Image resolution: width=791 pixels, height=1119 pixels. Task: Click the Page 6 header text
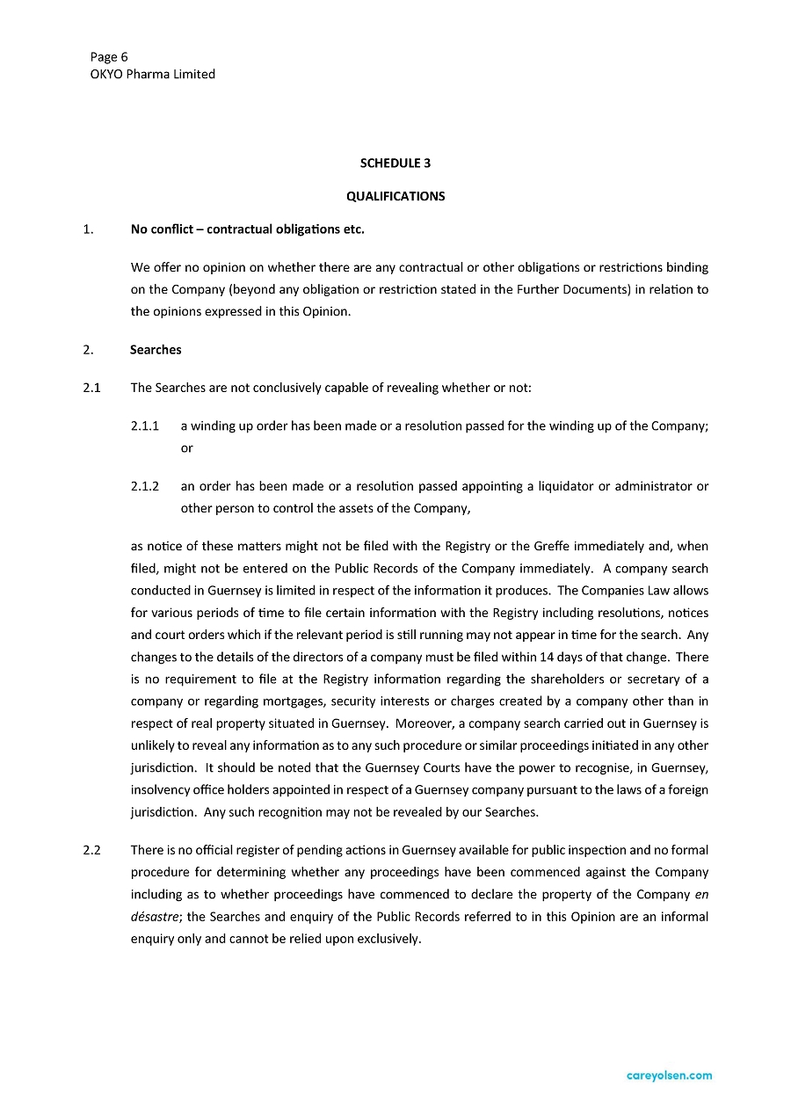[109, 57]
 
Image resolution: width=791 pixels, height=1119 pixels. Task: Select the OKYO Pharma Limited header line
[152, 75]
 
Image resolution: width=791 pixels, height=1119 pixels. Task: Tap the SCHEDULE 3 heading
[395, 163]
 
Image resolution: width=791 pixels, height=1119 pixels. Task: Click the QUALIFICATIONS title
[395, 197]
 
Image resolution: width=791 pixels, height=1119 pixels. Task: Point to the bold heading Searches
[156, 350]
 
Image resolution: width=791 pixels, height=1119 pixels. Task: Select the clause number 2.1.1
[144, 426]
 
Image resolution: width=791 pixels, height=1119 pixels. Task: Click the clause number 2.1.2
[144, 486]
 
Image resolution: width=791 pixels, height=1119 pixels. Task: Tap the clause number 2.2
[92, 850]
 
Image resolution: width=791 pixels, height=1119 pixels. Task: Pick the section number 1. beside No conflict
[88, 229]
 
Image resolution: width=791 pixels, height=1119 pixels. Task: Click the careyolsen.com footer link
[670, 1075]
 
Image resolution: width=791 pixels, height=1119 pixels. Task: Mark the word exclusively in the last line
[388, 939]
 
